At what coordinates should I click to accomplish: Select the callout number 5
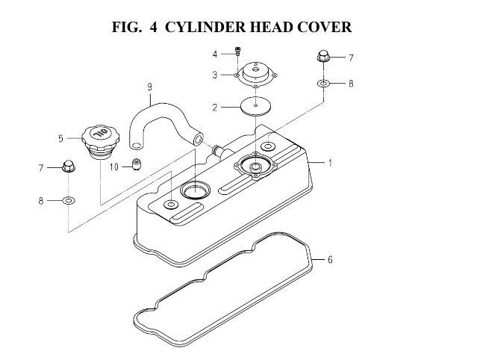pos(61,139)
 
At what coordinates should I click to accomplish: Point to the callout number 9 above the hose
pos(149,87)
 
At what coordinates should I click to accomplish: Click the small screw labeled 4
pos(238,51)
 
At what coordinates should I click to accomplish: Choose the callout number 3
pos(215,75)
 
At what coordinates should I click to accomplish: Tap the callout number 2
pos(215,108)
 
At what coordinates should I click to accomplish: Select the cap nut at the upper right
pos(323,56)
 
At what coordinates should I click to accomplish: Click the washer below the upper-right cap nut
pos(323,83)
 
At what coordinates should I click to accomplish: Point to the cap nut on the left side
pos(69,166)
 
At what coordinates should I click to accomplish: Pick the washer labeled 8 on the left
pos(69,201)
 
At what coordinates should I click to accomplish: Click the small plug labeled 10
pos(137,164)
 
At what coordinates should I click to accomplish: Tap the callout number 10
pos(114,167)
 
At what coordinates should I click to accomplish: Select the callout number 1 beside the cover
pos(330,163)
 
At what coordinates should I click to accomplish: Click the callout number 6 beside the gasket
pos(330,260)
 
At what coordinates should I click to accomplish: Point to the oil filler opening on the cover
pos(195,190)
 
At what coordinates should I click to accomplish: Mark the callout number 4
pos(215,55)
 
